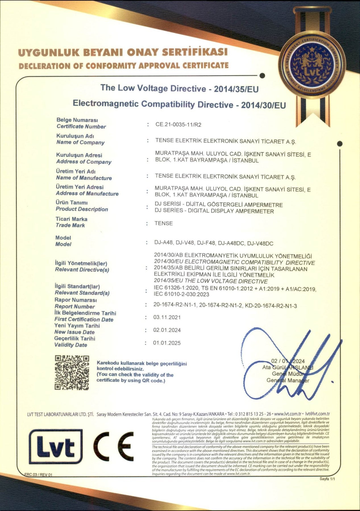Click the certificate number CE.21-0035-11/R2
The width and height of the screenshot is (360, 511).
pyautogui.click(x=178, y=124)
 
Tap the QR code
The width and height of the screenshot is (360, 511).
pyautogui.click(x=72, y=373)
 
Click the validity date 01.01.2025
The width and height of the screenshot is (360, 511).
pyautogui.click(x=167, y=343)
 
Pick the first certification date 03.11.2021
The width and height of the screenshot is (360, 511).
pyautogui.click(x=167, y=317)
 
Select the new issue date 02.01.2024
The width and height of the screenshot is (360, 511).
pyautogui.click(x=167, y=330)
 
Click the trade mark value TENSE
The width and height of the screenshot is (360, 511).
pyautogui.click(x=164, y=223)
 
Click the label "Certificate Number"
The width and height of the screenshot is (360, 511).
pyautogui.click(x=81, y=127)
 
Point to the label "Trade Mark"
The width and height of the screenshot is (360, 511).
pyautogui.click(x=70, y=225)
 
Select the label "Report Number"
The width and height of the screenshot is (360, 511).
pyautogui.click(x=75, y=307)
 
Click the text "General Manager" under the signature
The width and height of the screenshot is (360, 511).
pyautogui.click(x=288, y=380)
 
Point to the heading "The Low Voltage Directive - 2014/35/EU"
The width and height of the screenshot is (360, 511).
pyautogui.click(x=179, y=88)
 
